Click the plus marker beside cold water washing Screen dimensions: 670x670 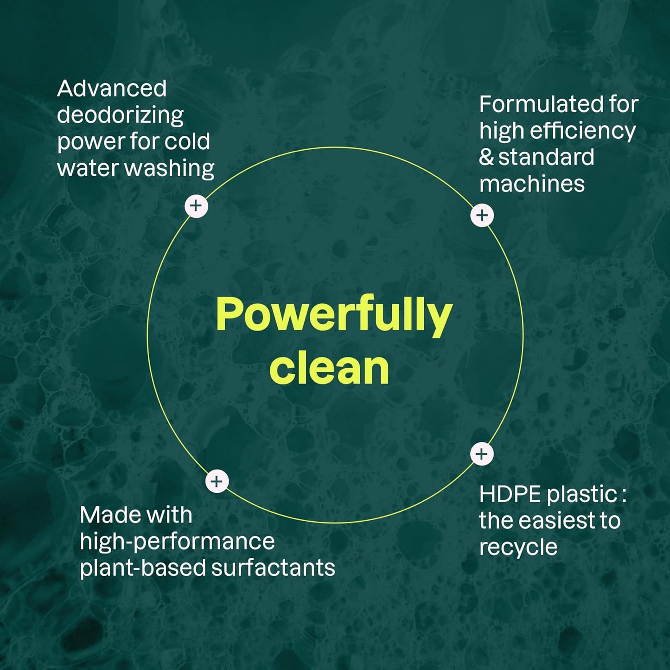196,206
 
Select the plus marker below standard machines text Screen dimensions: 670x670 482,215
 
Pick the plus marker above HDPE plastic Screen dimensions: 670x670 482,454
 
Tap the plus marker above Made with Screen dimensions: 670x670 217,482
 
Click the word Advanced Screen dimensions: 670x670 112,89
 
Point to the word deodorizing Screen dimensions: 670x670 120,115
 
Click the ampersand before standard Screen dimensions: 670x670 486,158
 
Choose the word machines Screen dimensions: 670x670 532,184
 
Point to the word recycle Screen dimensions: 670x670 518,547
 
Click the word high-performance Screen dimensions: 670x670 177,542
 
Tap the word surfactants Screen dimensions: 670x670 273,568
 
